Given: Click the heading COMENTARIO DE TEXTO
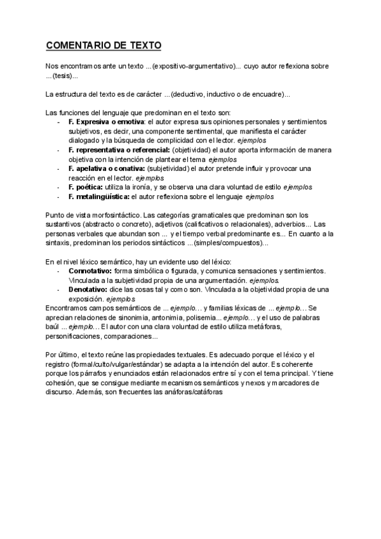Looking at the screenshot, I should (x=104, y=46).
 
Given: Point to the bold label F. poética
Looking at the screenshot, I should (x=85, y=188).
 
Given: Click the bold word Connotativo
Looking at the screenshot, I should (x=94, y=271).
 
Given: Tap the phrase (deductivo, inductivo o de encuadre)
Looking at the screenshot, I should (x=227, y=95).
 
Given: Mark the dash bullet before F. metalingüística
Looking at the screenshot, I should (x=58, y=197).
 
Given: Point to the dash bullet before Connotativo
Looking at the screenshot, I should (x=58, y=271).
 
